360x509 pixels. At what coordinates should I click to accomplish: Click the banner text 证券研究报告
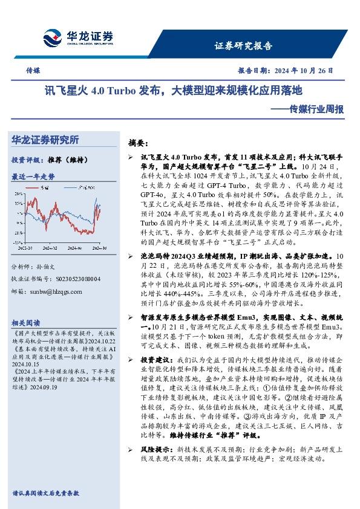tap(244, 46)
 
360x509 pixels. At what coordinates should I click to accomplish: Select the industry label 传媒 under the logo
tap(33, 70)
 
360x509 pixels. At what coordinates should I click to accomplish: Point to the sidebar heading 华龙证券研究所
tap(45, 140)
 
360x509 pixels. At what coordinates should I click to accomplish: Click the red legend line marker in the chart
tap(36, 188)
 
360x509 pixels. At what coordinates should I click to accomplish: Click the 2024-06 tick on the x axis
tap(73, 247)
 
